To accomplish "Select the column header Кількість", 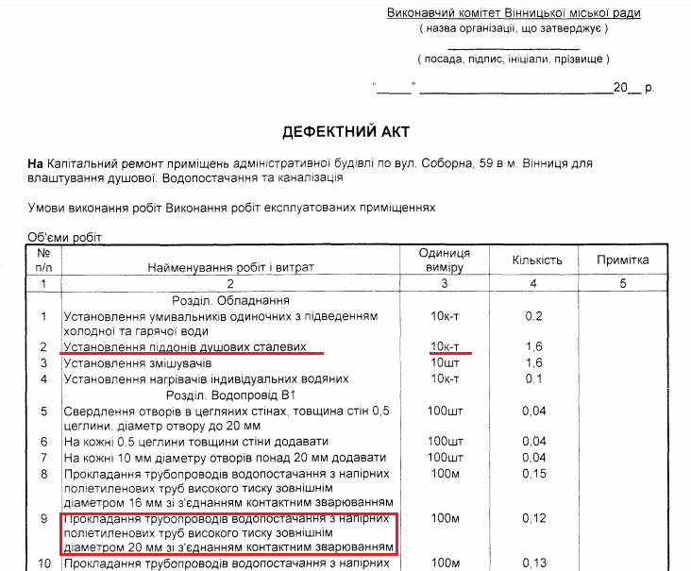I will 537,260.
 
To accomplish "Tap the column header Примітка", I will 623,260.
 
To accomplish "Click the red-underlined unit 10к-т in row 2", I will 444,347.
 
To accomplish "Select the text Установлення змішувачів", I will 137,363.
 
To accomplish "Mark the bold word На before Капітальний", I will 36,163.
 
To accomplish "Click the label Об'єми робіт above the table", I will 64,237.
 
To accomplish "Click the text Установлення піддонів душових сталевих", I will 185,347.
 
